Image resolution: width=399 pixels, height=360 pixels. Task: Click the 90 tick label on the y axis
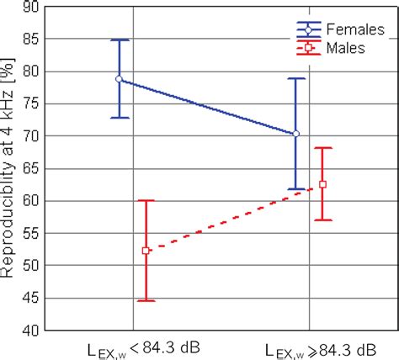(x=29, y=8)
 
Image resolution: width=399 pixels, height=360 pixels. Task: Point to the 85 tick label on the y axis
(x=29, y=39)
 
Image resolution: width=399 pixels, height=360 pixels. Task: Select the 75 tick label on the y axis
(x=29, y=103)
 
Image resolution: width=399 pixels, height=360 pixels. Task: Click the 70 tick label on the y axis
(x=29, y=135)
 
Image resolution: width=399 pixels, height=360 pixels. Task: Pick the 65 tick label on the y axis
(x=29, y=168)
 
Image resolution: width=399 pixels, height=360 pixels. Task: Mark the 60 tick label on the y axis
(x=29, y=200)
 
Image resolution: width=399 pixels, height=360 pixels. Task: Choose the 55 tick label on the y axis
(x=29, y=233)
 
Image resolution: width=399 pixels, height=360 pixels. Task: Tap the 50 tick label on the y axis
(x=29, y=265)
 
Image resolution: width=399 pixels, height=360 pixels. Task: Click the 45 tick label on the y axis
(x=29, y=298)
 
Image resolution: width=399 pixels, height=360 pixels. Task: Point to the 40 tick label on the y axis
(x=29, y=330)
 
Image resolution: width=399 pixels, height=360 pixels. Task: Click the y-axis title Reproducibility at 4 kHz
(x=9, y=168)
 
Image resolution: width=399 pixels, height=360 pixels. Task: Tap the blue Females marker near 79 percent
(x=120, y=78)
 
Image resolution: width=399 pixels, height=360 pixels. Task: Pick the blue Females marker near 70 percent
(x=295, y=134)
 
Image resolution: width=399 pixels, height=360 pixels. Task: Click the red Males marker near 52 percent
(x=146, y=250)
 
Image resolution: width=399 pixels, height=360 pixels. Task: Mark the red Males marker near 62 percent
(x=322, y=184)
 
